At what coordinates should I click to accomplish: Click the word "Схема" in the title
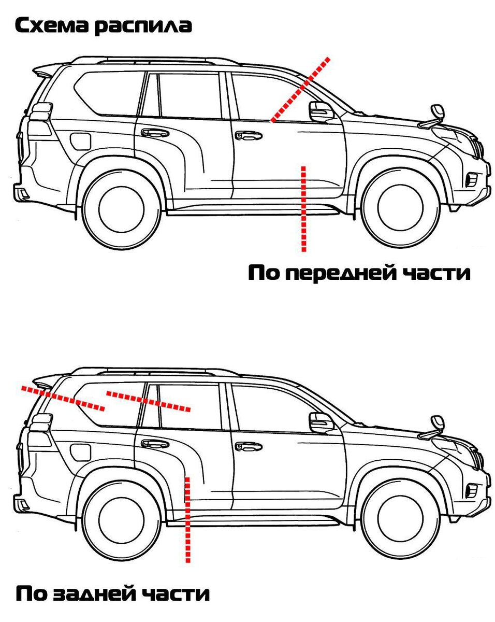pyautogui.click(x=52, y=26)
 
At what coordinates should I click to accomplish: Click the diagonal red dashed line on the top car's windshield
pyautogui.click(x=299, y=90)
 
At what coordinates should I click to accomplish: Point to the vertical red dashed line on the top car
pyautogui.click(x=303, y=209)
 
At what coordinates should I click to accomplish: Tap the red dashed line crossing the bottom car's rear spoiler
pyautogui.click(x=63, y=398)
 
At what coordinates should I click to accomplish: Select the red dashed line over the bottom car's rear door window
pyautogui.click(x=149, y=401)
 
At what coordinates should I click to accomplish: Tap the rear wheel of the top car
pyautogui.click(x=121, y=210)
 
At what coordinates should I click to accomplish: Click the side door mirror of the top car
pyautogui.click(x=321, y=111)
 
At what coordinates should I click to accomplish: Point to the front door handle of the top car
pyautogui.click(x=249, y=135)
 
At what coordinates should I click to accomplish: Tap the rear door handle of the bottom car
pyautogui.click(x=155, y=444)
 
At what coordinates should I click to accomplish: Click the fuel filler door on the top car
pyautogui.click(x=81, y=141)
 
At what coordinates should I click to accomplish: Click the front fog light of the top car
pyautogui.click(x=471, y=180)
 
